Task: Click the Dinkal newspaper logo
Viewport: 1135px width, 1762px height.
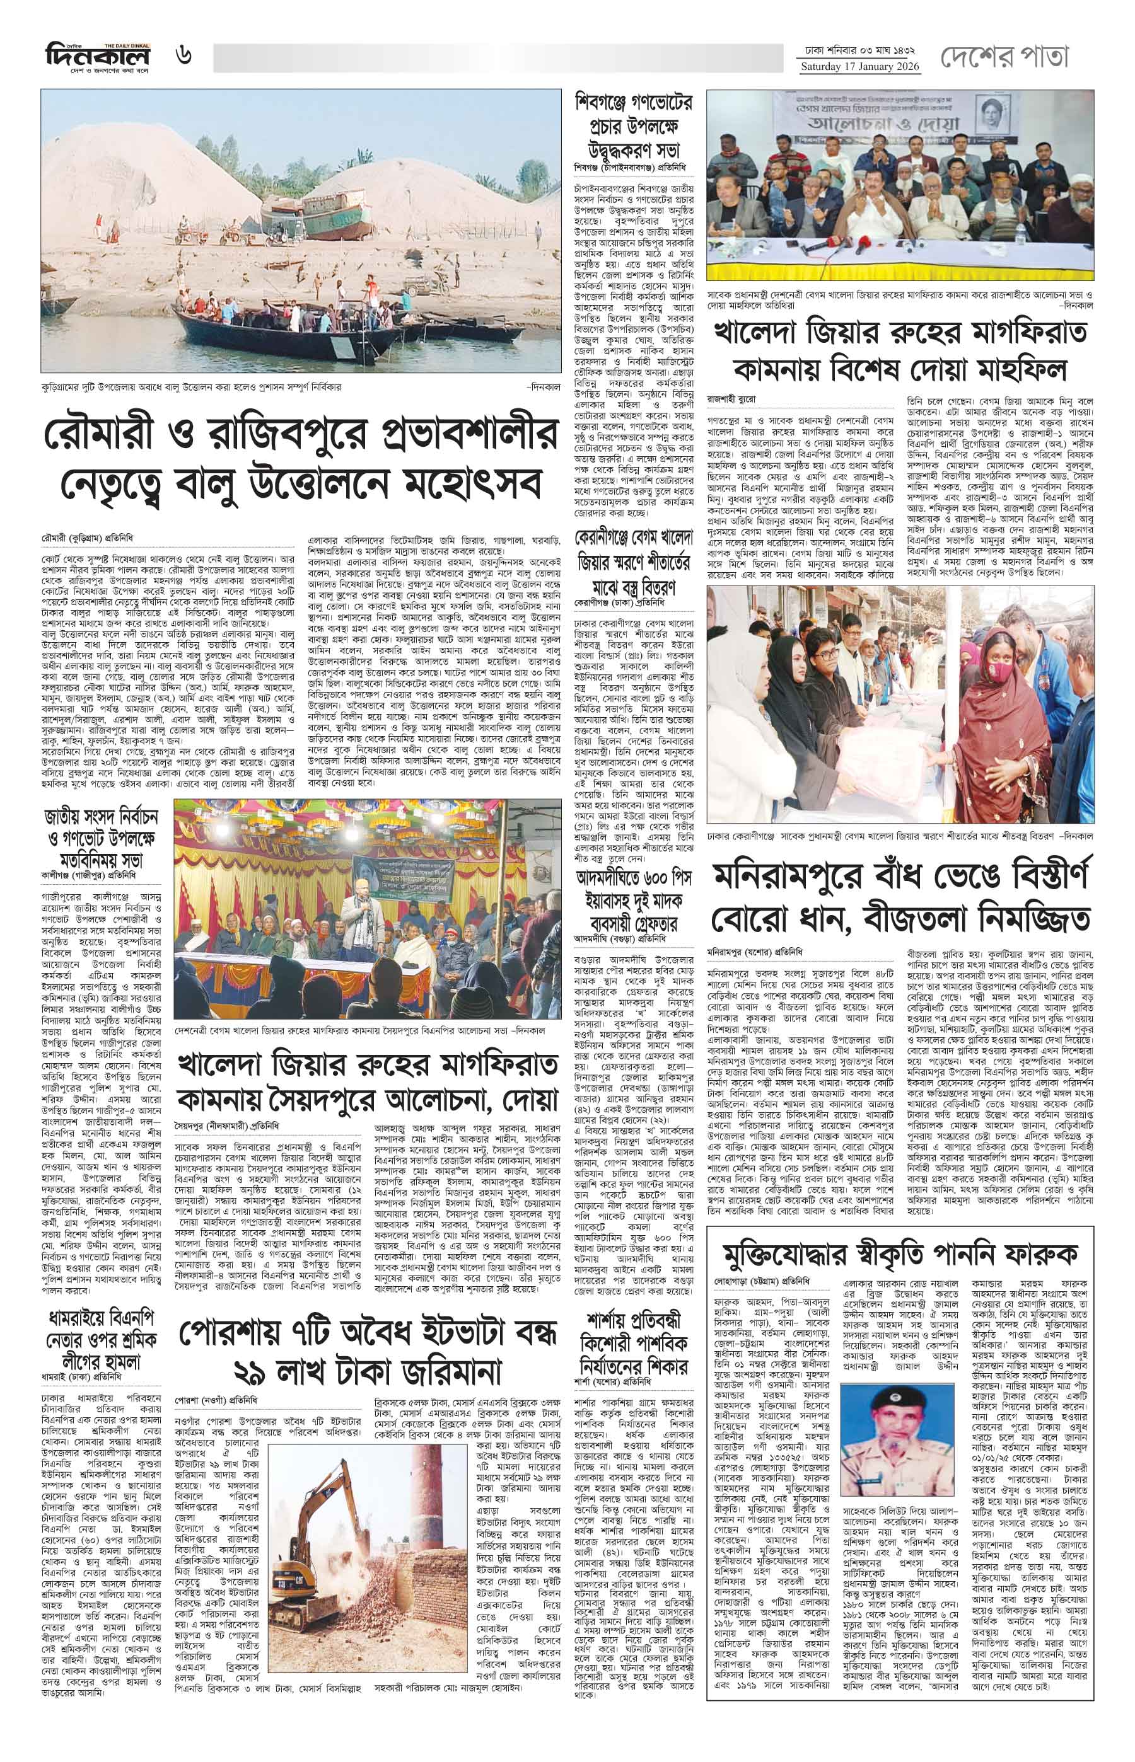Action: click(96, 55)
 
